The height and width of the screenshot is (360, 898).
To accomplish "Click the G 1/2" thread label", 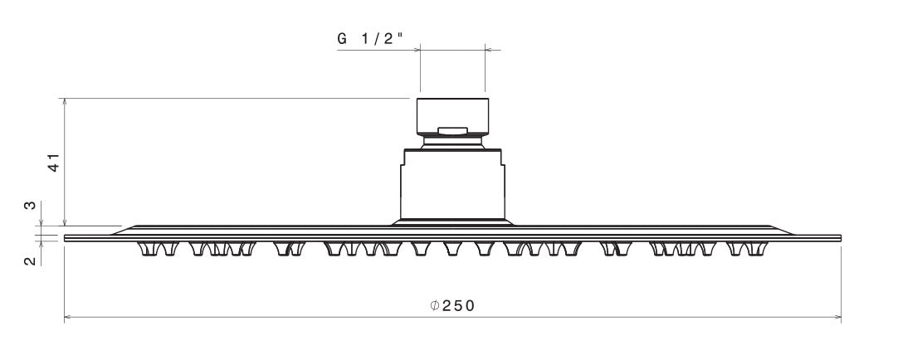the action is [370, 39].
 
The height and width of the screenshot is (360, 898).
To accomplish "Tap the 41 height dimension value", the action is [53, 163].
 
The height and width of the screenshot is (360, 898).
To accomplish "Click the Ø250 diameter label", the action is [452, 305].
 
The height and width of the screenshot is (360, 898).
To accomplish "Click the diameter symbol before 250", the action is [435, 305].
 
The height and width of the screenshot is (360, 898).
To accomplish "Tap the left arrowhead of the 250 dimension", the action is [68, 317].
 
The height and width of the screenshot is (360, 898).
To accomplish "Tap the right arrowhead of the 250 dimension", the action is [837, 317].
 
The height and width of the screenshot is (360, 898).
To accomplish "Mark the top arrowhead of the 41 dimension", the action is [65, 103].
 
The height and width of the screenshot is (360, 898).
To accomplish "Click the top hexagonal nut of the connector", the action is [452, 114].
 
